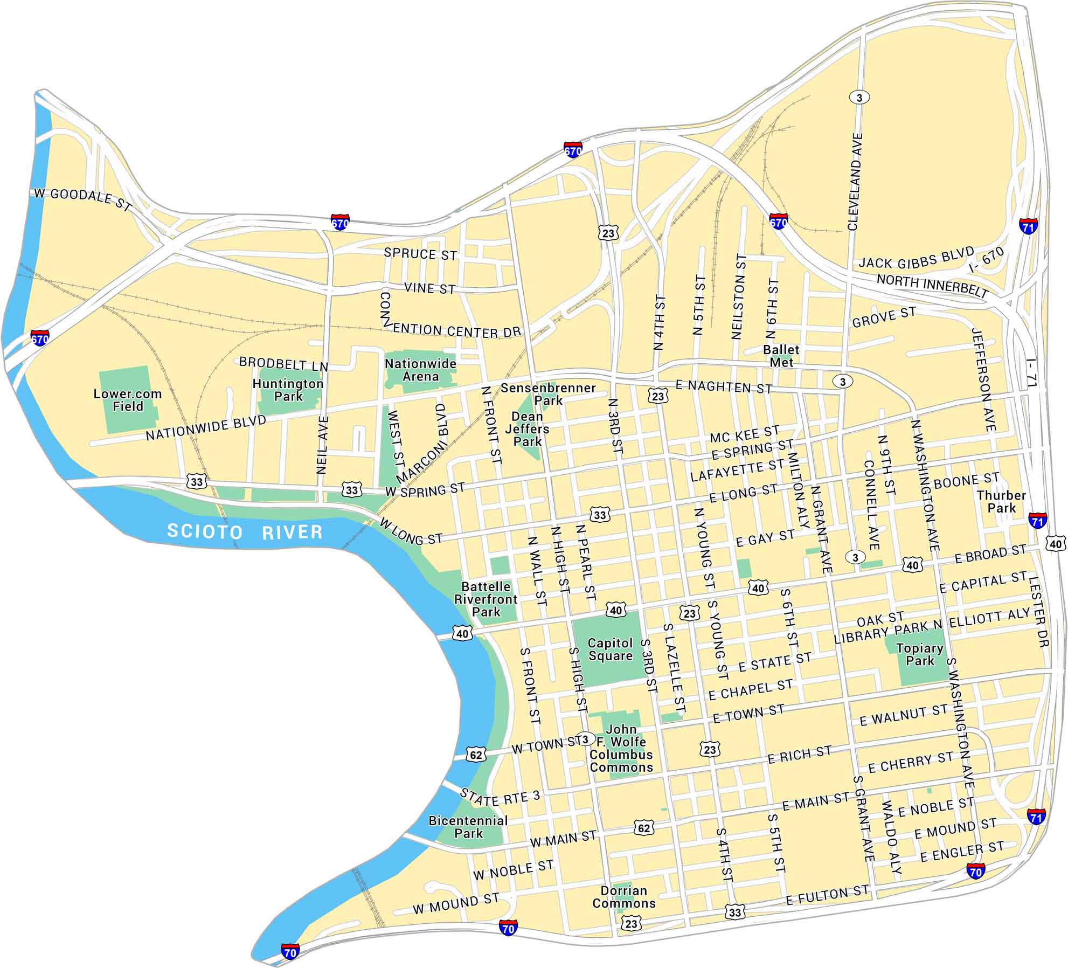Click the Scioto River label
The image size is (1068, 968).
[x=245, y=531]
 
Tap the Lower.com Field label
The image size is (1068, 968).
[x=128, y=400]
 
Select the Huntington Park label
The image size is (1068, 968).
[x=288, y=390]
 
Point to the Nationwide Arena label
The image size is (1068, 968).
[x=420, y=370]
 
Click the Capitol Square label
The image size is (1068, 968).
[x=610, y=649]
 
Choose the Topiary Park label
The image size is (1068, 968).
[x=920, y=654]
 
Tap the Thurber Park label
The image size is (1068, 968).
[x=1001, y=501]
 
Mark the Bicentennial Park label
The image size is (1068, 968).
[x=468, y=827]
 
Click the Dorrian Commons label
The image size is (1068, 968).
[x=624, y=897]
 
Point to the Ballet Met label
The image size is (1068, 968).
[x=781, y=356]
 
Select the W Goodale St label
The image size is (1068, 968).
[x=82, y=199]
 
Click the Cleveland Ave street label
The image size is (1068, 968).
[x=855, y=182]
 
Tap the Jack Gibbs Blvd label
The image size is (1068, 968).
[x=916, y=258]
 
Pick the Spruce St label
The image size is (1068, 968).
[x=420, y=254]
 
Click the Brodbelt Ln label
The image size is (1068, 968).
[x=283, y=364]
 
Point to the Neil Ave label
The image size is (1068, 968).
[x=322, y=445]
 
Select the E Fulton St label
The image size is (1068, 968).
[x=827, y=896]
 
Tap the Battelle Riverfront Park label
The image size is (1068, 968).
[x=486, y=599]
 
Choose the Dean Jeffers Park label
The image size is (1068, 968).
[x=527, y=429]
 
